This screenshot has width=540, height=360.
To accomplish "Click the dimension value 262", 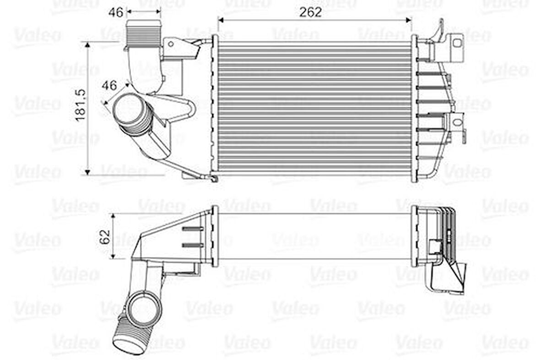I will pos(311,12).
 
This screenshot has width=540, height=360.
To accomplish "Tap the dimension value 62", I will pos(105,236).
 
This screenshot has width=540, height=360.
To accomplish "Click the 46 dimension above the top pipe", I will pos(116,12).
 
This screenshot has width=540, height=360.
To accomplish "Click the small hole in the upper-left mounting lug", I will pos(170,44).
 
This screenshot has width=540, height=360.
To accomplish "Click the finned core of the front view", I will pos(314,108).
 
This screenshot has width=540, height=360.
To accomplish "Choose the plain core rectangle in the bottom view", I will pos(314,236).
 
